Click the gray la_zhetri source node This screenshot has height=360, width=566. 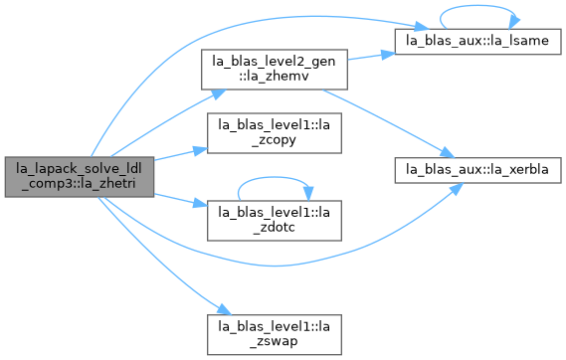pyautogui.click(x=80, y=177)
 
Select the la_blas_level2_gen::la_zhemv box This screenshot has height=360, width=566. pyautogui.click(x=275, y=70)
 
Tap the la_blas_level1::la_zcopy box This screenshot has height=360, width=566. pyautogui.click(x=275, y=133)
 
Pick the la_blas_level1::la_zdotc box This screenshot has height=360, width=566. pyautogui.click(x=275, y=221)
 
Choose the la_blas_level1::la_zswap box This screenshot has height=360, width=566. pyautogui.click(x=275, y=335)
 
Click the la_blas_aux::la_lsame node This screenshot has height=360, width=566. pyautogui.click(x=477, y=42)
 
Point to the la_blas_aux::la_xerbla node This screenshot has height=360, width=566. pyautogui.click(x=477, y=170)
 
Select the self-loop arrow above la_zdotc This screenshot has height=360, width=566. pyautogui.click(x=275, y=177)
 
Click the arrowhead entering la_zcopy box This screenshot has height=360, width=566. pyautogui.click(x=200, y=150)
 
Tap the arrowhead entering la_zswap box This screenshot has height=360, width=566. pyautogui.click(x=224, y=310)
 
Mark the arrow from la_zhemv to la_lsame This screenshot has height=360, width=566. pyautogui.click(x=371, y=57)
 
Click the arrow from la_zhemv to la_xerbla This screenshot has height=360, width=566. pyautogui.click(x=388, y=122)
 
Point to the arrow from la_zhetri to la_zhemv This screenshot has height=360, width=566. pyautogui.click(x=166, y=121)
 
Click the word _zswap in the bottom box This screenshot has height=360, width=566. pyautogui.click(x=275, y=341)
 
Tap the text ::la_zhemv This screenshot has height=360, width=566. pyautogui.click(x=275, y=77)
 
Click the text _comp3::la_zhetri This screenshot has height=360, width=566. pyautogui.click(x=79, y=184)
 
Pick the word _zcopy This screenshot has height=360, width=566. pyautogui.click(x=275, y=140)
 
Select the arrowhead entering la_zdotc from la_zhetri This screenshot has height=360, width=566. pyautogui.click(x=200, y=204)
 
